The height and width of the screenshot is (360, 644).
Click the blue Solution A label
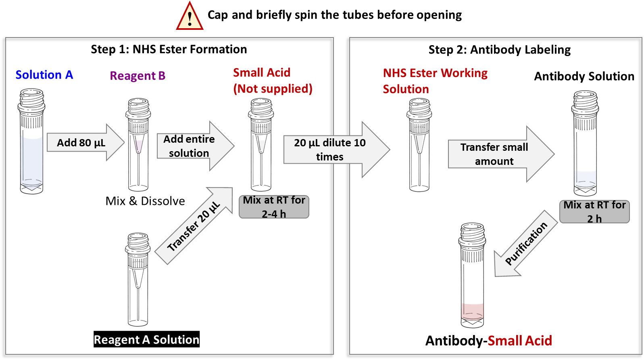tap(44, 75)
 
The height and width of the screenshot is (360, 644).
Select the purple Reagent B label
tap(138, 76)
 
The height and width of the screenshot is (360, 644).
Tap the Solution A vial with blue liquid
tap(31, 141)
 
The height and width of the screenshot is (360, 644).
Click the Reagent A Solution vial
tap(138, 279)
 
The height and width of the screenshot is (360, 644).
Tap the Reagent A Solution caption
tap(146, 340)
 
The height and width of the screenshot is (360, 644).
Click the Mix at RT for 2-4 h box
tap(274, 207)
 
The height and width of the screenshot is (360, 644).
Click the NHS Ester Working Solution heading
tap(435, 81)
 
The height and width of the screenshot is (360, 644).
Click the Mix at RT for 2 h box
tap(594, 212)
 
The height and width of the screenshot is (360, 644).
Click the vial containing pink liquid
tap(472, 275)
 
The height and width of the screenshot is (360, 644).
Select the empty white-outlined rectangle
tap(145, 201)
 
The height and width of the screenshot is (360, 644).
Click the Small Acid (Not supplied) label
tap(273, 81)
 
